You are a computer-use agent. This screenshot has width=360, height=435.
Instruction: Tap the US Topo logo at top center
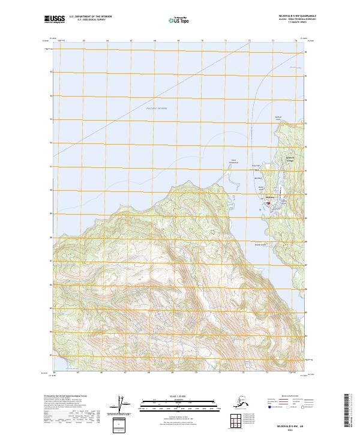[180, 20]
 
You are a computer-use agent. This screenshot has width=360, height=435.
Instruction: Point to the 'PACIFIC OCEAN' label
[157, 108]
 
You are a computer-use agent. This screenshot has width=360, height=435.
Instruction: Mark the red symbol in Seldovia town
[268, 202]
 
